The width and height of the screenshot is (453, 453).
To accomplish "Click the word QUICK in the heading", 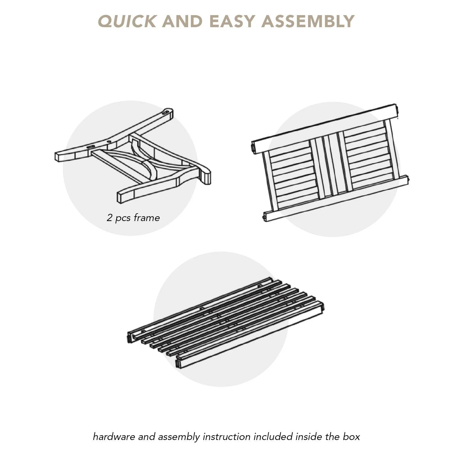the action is coord(127,21).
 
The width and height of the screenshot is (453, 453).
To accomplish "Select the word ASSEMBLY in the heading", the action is coord(308,21).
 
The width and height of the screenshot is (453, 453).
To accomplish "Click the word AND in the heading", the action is coord(182,21).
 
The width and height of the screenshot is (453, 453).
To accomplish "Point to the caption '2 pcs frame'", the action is coord(133,218).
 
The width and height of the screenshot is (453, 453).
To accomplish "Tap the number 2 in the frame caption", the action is coord(109,217).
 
